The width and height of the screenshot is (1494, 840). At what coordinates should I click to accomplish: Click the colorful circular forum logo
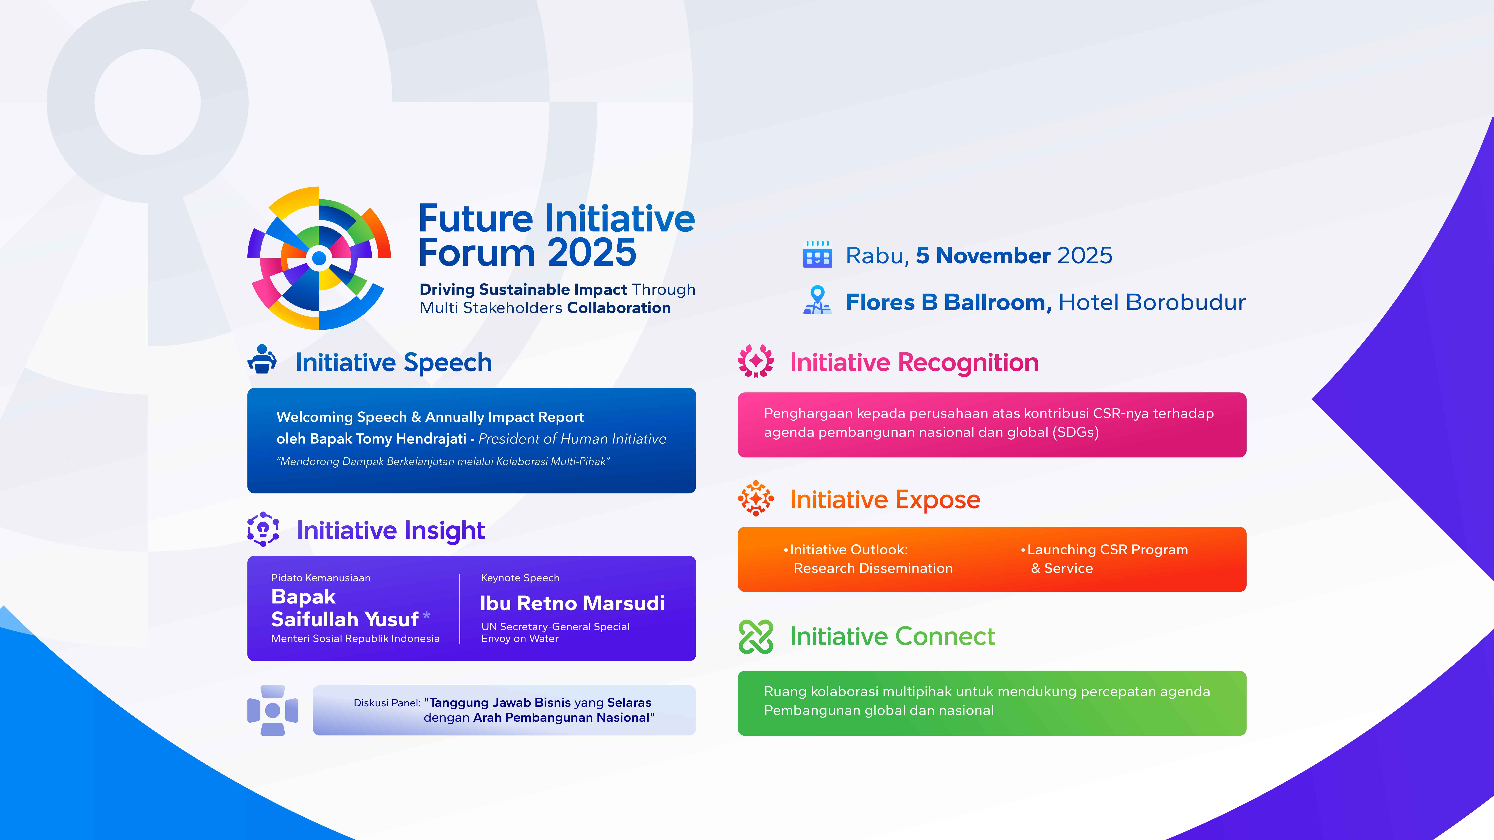[x=319, y=259]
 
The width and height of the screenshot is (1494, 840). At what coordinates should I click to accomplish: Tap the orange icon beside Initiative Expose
[x=756, y=498]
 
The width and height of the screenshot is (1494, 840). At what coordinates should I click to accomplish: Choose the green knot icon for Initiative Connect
[x=756, y=637]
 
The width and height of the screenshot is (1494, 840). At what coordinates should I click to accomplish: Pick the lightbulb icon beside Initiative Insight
[x=263, y=529]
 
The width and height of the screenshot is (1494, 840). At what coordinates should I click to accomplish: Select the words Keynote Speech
[x=520, y=578]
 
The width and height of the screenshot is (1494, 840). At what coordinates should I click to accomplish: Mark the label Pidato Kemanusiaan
[x=321, y=578]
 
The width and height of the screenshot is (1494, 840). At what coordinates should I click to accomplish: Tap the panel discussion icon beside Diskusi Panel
[x=273, y=710]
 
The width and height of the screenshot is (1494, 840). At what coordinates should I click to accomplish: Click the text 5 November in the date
[x=982, y=256]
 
